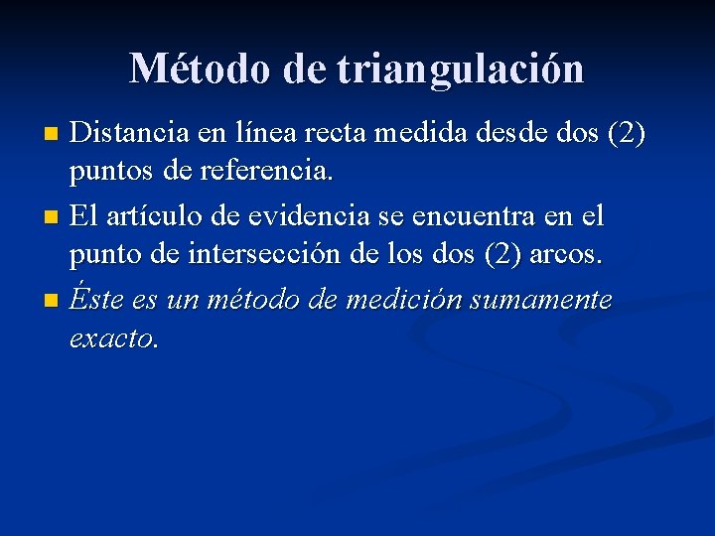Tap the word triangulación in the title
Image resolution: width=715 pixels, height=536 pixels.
click(461, 69)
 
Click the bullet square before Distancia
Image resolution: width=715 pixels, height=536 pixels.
click(56, 132)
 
